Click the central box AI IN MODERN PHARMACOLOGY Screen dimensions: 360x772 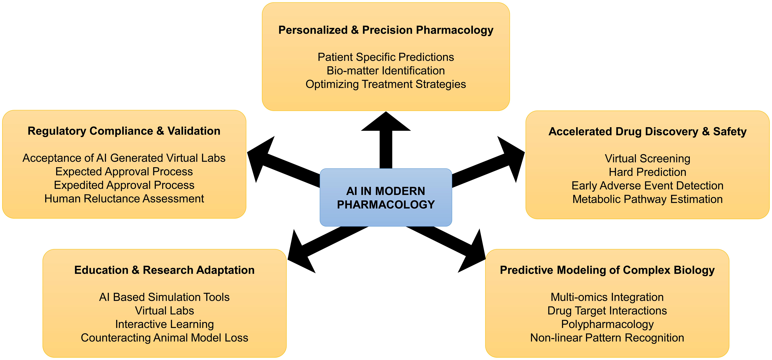coord(386,197)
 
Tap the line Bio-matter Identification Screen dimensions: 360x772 coord(386,71)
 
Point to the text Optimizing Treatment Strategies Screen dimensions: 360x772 coord(386,84)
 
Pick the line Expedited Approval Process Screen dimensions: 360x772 coord(124,185)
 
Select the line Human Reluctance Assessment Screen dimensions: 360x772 coord(124,199)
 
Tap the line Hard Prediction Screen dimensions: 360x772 coord(647,172)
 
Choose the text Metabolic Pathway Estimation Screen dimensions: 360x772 coord(647,199)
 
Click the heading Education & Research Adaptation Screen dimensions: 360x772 coord(164,270)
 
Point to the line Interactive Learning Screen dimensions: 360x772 coord(164,324)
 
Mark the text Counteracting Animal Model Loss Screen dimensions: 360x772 coord(164,338)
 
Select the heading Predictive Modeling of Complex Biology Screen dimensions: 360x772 coord(607,270)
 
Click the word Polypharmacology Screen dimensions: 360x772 coord(607,324)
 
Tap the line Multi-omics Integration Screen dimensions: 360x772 coord(607,297)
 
